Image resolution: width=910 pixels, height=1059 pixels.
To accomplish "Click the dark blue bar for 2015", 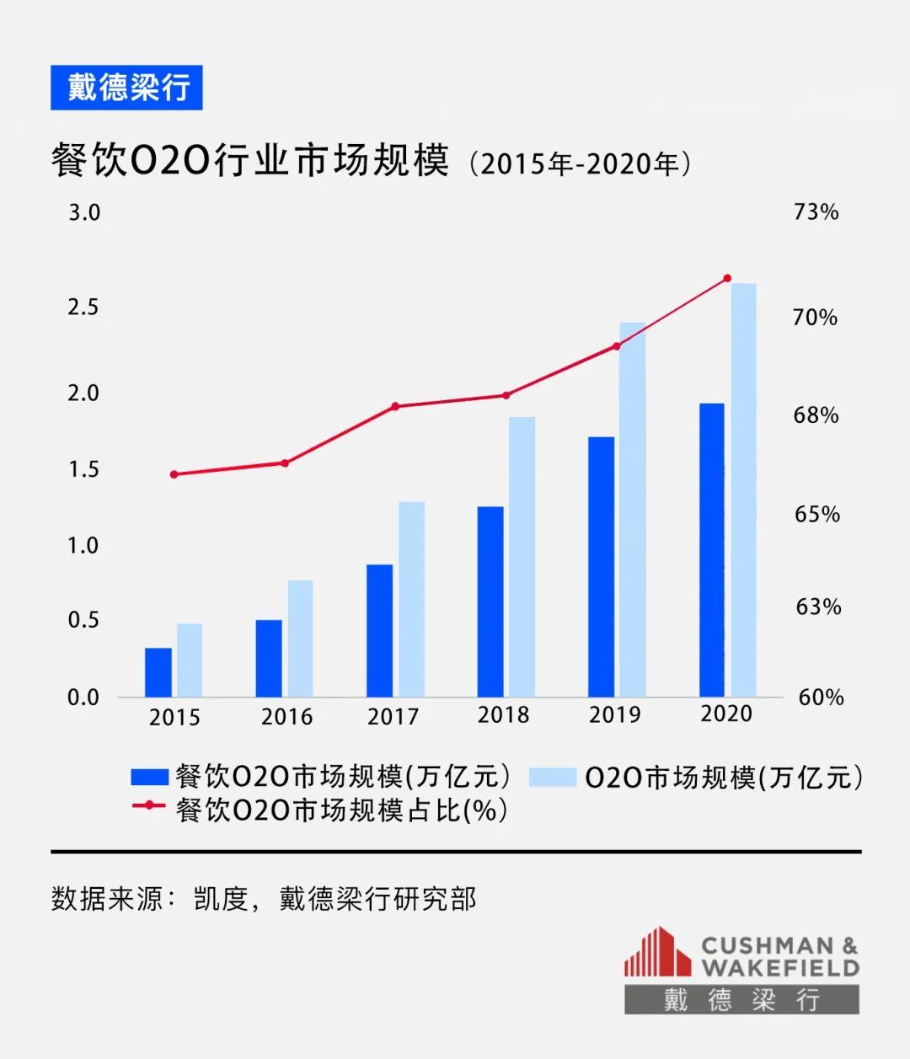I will pos(158,672).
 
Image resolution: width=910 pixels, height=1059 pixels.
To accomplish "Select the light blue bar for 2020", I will pos(743,490).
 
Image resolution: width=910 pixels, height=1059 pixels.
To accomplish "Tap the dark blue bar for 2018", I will pos(490,602).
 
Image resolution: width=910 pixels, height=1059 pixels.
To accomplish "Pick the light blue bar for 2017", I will pos(411,599).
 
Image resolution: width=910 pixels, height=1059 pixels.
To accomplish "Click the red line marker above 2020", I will pos(728,278).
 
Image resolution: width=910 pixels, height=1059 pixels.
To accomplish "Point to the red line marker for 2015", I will pos(174,474).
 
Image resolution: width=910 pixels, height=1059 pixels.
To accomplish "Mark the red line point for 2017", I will pos(395,406).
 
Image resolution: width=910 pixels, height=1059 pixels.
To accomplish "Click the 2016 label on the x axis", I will pos(286,717).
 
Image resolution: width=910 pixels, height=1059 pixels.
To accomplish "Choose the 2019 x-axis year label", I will pos(614,714).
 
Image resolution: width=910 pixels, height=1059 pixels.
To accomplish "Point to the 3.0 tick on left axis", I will pos(84,212).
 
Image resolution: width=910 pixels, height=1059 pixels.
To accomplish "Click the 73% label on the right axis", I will pos(816,211).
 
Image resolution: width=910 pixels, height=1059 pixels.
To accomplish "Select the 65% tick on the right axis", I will pos(817,514).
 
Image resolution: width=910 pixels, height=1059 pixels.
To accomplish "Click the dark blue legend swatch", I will pos(150,777).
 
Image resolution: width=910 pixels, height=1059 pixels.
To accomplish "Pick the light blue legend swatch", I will pos(553,777).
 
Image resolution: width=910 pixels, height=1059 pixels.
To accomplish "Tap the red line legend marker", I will pos(149,806).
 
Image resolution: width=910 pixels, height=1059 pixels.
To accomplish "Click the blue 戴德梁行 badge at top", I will pos(126,88).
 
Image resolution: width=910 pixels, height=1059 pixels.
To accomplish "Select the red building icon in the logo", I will pos(657,953).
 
